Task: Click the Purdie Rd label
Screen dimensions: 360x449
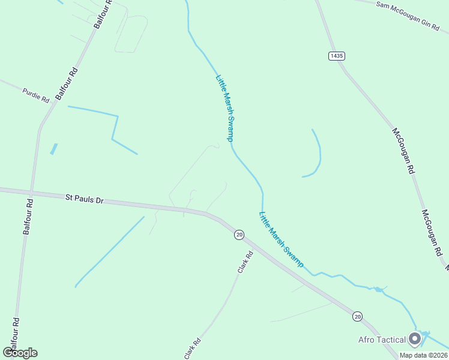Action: (x=35, y=95)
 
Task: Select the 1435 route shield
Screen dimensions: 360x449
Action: (x=337, y=56)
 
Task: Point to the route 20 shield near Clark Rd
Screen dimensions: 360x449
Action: (x=239, y=235)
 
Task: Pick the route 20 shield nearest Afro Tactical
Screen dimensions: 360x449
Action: (x=358, y=316)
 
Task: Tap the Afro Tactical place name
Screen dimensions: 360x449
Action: (x=382, y=340)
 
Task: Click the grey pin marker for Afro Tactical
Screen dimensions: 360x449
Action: (x=414, y=340)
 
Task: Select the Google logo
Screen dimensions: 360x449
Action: (x=20, y=353)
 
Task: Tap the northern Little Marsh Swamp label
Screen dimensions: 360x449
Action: (x=224, y=107)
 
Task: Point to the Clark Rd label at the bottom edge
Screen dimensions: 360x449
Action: (x=193, y=347)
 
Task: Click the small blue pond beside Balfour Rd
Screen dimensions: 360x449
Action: (x=54, y=149)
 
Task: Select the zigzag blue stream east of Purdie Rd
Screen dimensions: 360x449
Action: (x=114, y=126)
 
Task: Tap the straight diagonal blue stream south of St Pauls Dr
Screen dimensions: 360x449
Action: (x=110, y=251)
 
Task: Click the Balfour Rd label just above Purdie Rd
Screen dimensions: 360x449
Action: (x=67, y=83)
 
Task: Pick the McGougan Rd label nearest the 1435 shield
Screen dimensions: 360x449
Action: (x=403, y=150)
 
